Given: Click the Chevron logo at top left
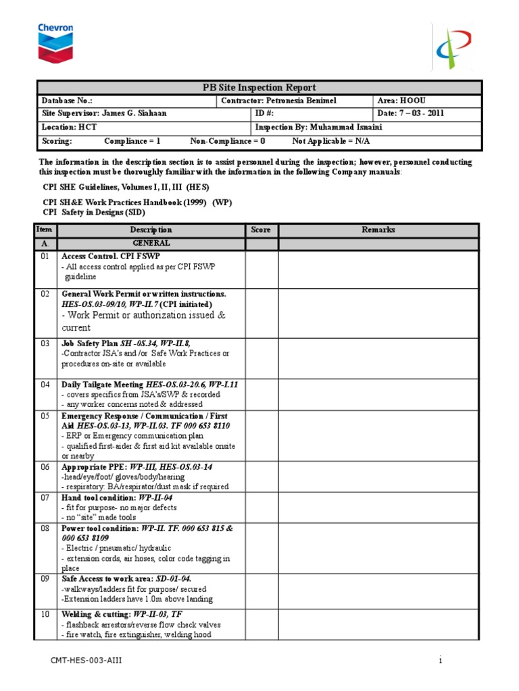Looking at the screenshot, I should pyautogui.click(x=55, y=41).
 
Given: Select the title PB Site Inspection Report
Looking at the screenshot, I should pyautogui.click(x=259, y=88).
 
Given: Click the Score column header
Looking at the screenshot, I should pyautogui.click(x=261, y=230).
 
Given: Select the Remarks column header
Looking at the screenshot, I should pyautogui.click(x=378, y=230).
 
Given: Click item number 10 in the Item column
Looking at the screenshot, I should pyautogui.click(x=46, y=615).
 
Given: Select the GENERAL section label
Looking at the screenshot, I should pyautogui.click(x=151, y=243).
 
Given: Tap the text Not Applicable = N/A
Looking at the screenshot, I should pyautogui.click(x=331, y=141).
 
